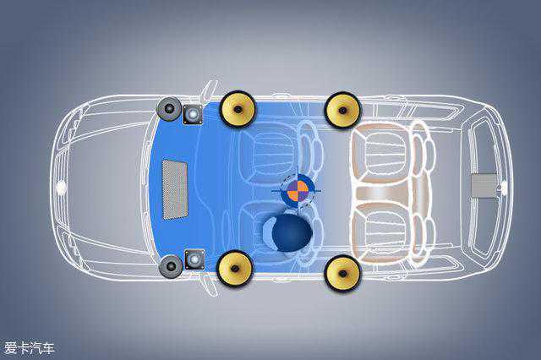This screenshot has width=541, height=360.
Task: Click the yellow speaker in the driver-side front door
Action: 234,268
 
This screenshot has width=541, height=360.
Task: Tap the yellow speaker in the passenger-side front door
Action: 238,108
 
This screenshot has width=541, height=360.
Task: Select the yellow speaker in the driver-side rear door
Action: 342,271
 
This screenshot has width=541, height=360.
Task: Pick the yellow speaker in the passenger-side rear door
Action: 343,109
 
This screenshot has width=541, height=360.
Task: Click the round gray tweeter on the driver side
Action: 170,266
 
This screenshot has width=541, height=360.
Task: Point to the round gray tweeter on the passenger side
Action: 169,110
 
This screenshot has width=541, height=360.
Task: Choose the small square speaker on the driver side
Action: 194,259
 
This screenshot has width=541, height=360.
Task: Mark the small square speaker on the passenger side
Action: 194,114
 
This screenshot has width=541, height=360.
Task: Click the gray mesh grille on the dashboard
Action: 175,188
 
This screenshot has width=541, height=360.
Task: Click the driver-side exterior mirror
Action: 207,287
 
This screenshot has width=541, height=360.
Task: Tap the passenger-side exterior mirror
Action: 208,90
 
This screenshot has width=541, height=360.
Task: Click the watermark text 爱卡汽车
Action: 29,347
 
